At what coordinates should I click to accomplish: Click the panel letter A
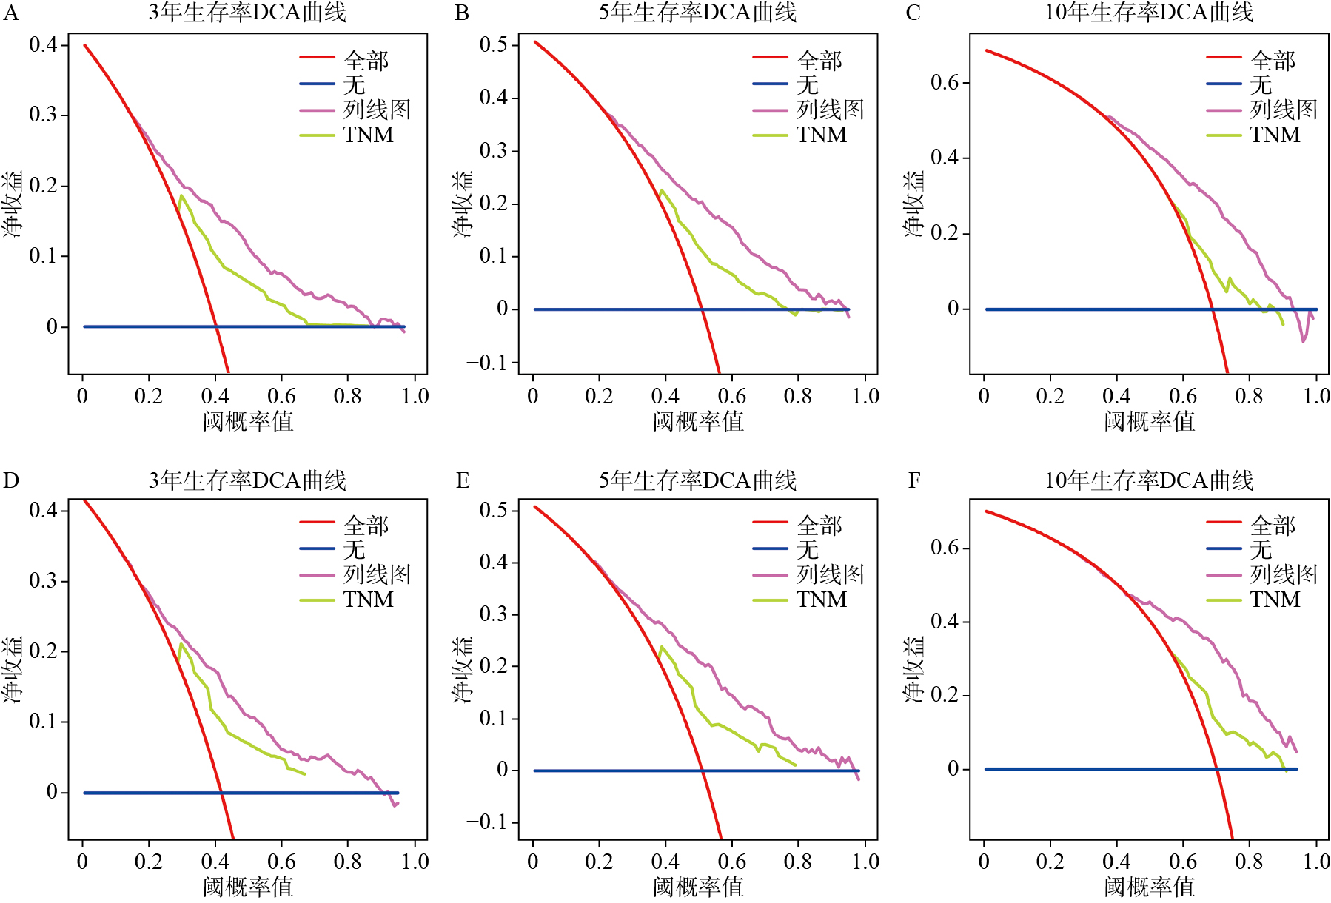pyautogui.click(x=11, y=13)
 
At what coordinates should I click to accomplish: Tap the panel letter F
pyautogui.click(x=914, y=481)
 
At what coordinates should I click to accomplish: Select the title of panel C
pyautogui.click(x=1149, y=13)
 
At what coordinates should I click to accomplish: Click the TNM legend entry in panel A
pyautogui.click(x=368, y=135)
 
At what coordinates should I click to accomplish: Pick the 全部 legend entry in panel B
pyautogui.click(x=819, y=60)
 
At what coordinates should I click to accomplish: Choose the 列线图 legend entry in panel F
pyautogui.click(x=1284, y=574)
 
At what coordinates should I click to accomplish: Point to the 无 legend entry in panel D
pyautogui.click(x=354, y=549)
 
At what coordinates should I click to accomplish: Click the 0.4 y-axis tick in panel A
pyautogui.click(x=43, y=45)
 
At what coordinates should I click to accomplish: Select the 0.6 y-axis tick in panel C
pyautogui.click(x=945, y=82)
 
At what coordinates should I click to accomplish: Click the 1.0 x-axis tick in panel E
pyautogui.click(x=865, y=862)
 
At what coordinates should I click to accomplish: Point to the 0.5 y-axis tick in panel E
pyautogui.click(x=494, y=510)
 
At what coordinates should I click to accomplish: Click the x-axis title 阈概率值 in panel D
pyautogui.click(x=248, y=886)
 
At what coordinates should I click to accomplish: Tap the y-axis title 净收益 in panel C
pyautogui.click(x=914, y=204)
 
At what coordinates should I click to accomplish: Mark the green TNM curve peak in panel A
pyautogui.click(x=181, y=195)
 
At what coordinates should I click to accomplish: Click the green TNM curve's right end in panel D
pyautogui.click(x=304, y=774)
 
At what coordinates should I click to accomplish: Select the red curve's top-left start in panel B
pyautogui.click(x=535, y=41)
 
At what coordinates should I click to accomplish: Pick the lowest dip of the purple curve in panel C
pyautogui.click(x=1304, y=341)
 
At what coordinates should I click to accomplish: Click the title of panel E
pyautogui.click(x=697, y=480)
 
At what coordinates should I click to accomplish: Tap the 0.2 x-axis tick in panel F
pyautogui.click(x=1050, y=862)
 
